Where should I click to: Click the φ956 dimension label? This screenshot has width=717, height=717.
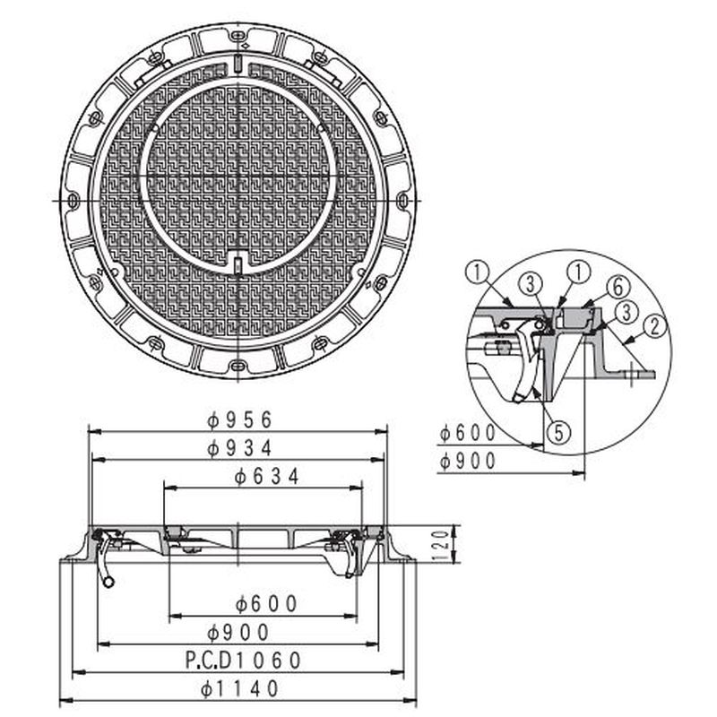[239, 419]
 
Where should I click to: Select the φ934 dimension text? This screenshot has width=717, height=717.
[239, 448]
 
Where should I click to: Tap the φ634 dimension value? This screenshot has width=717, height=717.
[267, 477]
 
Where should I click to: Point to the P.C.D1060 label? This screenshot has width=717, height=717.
[244, 660]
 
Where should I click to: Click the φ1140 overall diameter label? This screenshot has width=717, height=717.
[239, 688]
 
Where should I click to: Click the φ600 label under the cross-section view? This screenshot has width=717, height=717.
[266, 604]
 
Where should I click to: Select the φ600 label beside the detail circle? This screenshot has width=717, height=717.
[468, 433]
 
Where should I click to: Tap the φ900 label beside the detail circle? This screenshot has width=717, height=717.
[468, 461]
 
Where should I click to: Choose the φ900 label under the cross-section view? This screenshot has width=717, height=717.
[238, 633]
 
